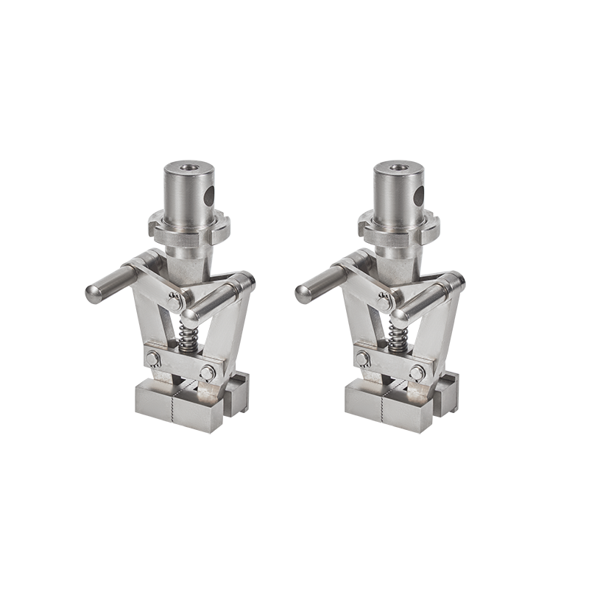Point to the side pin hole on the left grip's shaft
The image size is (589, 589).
211,195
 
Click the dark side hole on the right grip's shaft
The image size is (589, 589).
420,195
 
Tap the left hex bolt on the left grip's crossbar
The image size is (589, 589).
154,360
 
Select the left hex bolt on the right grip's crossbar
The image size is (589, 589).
363,360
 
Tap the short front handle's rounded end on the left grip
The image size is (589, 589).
190,314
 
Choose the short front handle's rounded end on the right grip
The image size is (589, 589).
399,314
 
